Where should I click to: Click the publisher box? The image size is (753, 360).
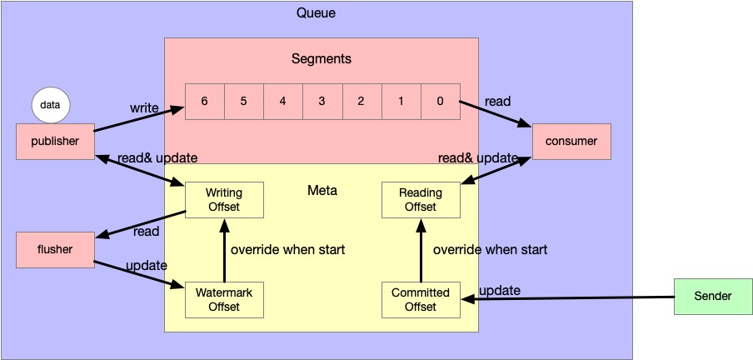tap(55, 142)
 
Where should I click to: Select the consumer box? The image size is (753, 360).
tap(571, 142)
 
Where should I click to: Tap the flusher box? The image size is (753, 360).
tap(55, 249)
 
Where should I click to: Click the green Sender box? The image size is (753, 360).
tap(714, 297)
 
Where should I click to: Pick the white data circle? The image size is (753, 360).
tap(51, 106)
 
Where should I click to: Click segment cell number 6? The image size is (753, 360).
tap(204, 102)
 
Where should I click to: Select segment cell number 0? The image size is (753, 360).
tap(441, 102)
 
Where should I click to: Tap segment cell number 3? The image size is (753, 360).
tap(322, 102)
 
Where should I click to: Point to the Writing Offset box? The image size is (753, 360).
tap(223, 199)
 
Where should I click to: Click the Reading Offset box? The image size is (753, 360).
tap(421, 199)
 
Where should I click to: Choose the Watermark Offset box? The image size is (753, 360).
tap(223, 300)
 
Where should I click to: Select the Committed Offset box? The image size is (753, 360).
tap(421, 300)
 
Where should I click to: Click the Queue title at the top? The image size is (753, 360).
tap(317, 13)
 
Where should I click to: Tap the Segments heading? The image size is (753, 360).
tap(322, 59)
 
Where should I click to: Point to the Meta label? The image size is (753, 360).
tap(322, 191)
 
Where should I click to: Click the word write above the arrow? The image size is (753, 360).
tap(144, 108)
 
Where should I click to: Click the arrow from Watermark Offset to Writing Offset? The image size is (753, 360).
tap(223, 250)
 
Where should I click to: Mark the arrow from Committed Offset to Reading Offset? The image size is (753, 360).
tap(421, 250)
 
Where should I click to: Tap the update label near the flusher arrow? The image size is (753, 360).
tap(146, 266)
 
